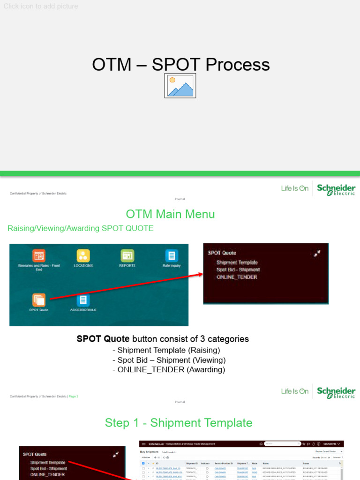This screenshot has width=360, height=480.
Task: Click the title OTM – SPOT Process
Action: [x=180, y=65]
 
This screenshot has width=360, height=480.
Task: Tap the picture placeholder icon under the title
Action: [x=180, y=86]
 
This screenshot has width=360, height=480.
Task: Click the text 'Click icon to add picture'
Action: [x=41, y=6]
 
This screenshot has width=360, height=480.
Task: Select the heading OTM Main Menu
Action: [x=170, y=214]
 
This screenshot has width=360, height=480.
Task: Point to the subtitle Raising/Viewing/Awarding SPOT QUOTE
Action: [x=80, y=228]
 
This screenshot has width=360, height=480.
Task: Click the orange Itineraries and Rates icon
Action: [x=39, y=256]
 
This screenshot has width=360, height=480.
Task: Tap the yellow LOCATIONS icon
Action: [x=83, y=256]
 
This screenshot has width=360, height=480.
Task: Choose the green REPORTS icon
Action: [x=127, y=256]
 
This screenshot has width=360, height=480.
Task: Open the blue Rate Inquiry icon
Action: [x=172, y=256]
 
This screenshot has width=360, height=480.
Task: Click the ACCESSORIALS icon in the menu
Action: [x=83, y=300]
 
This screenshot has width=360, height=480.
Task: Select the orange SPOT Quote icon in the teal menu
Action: [x=39, y=300]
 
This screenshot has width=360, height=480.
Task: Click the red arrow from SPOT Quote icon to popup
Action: [x=127, y=287]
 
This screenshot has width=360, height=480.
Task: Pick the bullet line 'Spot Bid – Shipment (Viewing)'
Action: [x=169, y=360]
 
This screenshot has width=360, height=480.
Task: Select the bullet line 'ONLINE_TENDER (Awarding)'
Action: [x=169, y=370]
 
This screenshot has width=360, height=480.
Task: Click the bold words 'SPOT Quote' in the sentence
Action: [x=103, y=339]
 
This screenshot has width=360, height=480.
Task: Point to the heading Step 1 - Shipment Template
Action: [x=179, y=423]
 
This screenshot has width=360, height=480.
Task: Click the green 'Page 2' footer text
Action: [x=74, y=397]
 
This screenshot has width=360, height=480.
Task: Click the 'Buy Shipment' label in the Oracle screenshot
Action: [x=149, y=452]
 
